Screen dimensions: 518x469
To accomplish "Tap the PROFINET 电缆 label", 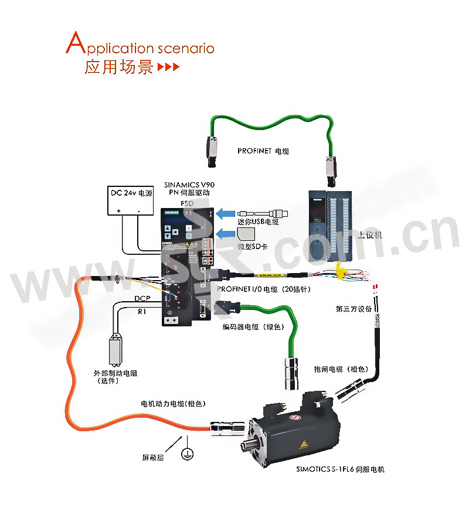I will [263, 151].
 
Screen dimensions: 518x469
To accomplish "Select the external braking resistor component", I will [115, 351].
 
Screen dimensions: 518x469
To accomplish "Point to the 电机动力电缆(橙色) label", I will [174, 404].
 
